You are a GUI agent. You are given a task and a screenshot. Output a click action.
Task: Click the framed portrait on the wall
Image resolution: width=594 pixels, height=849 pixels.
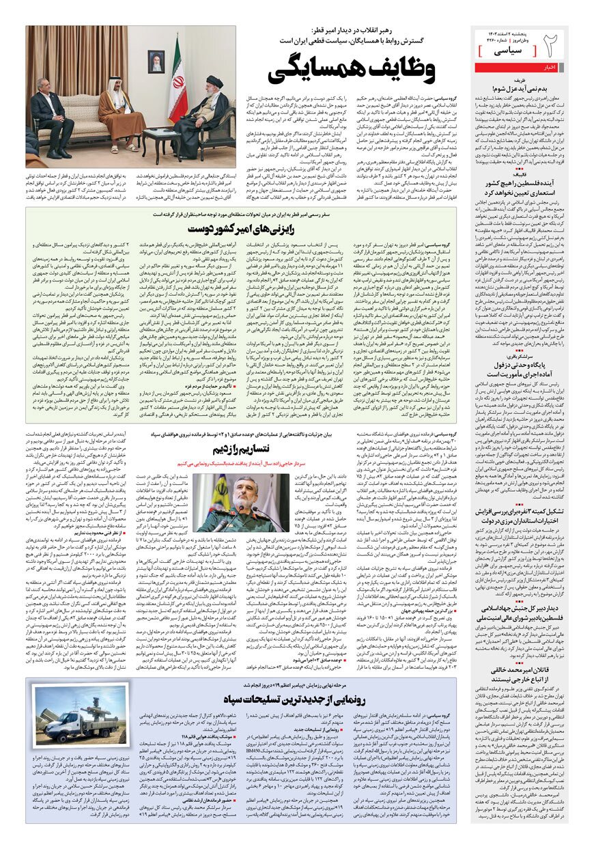(x=156, y=61)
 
